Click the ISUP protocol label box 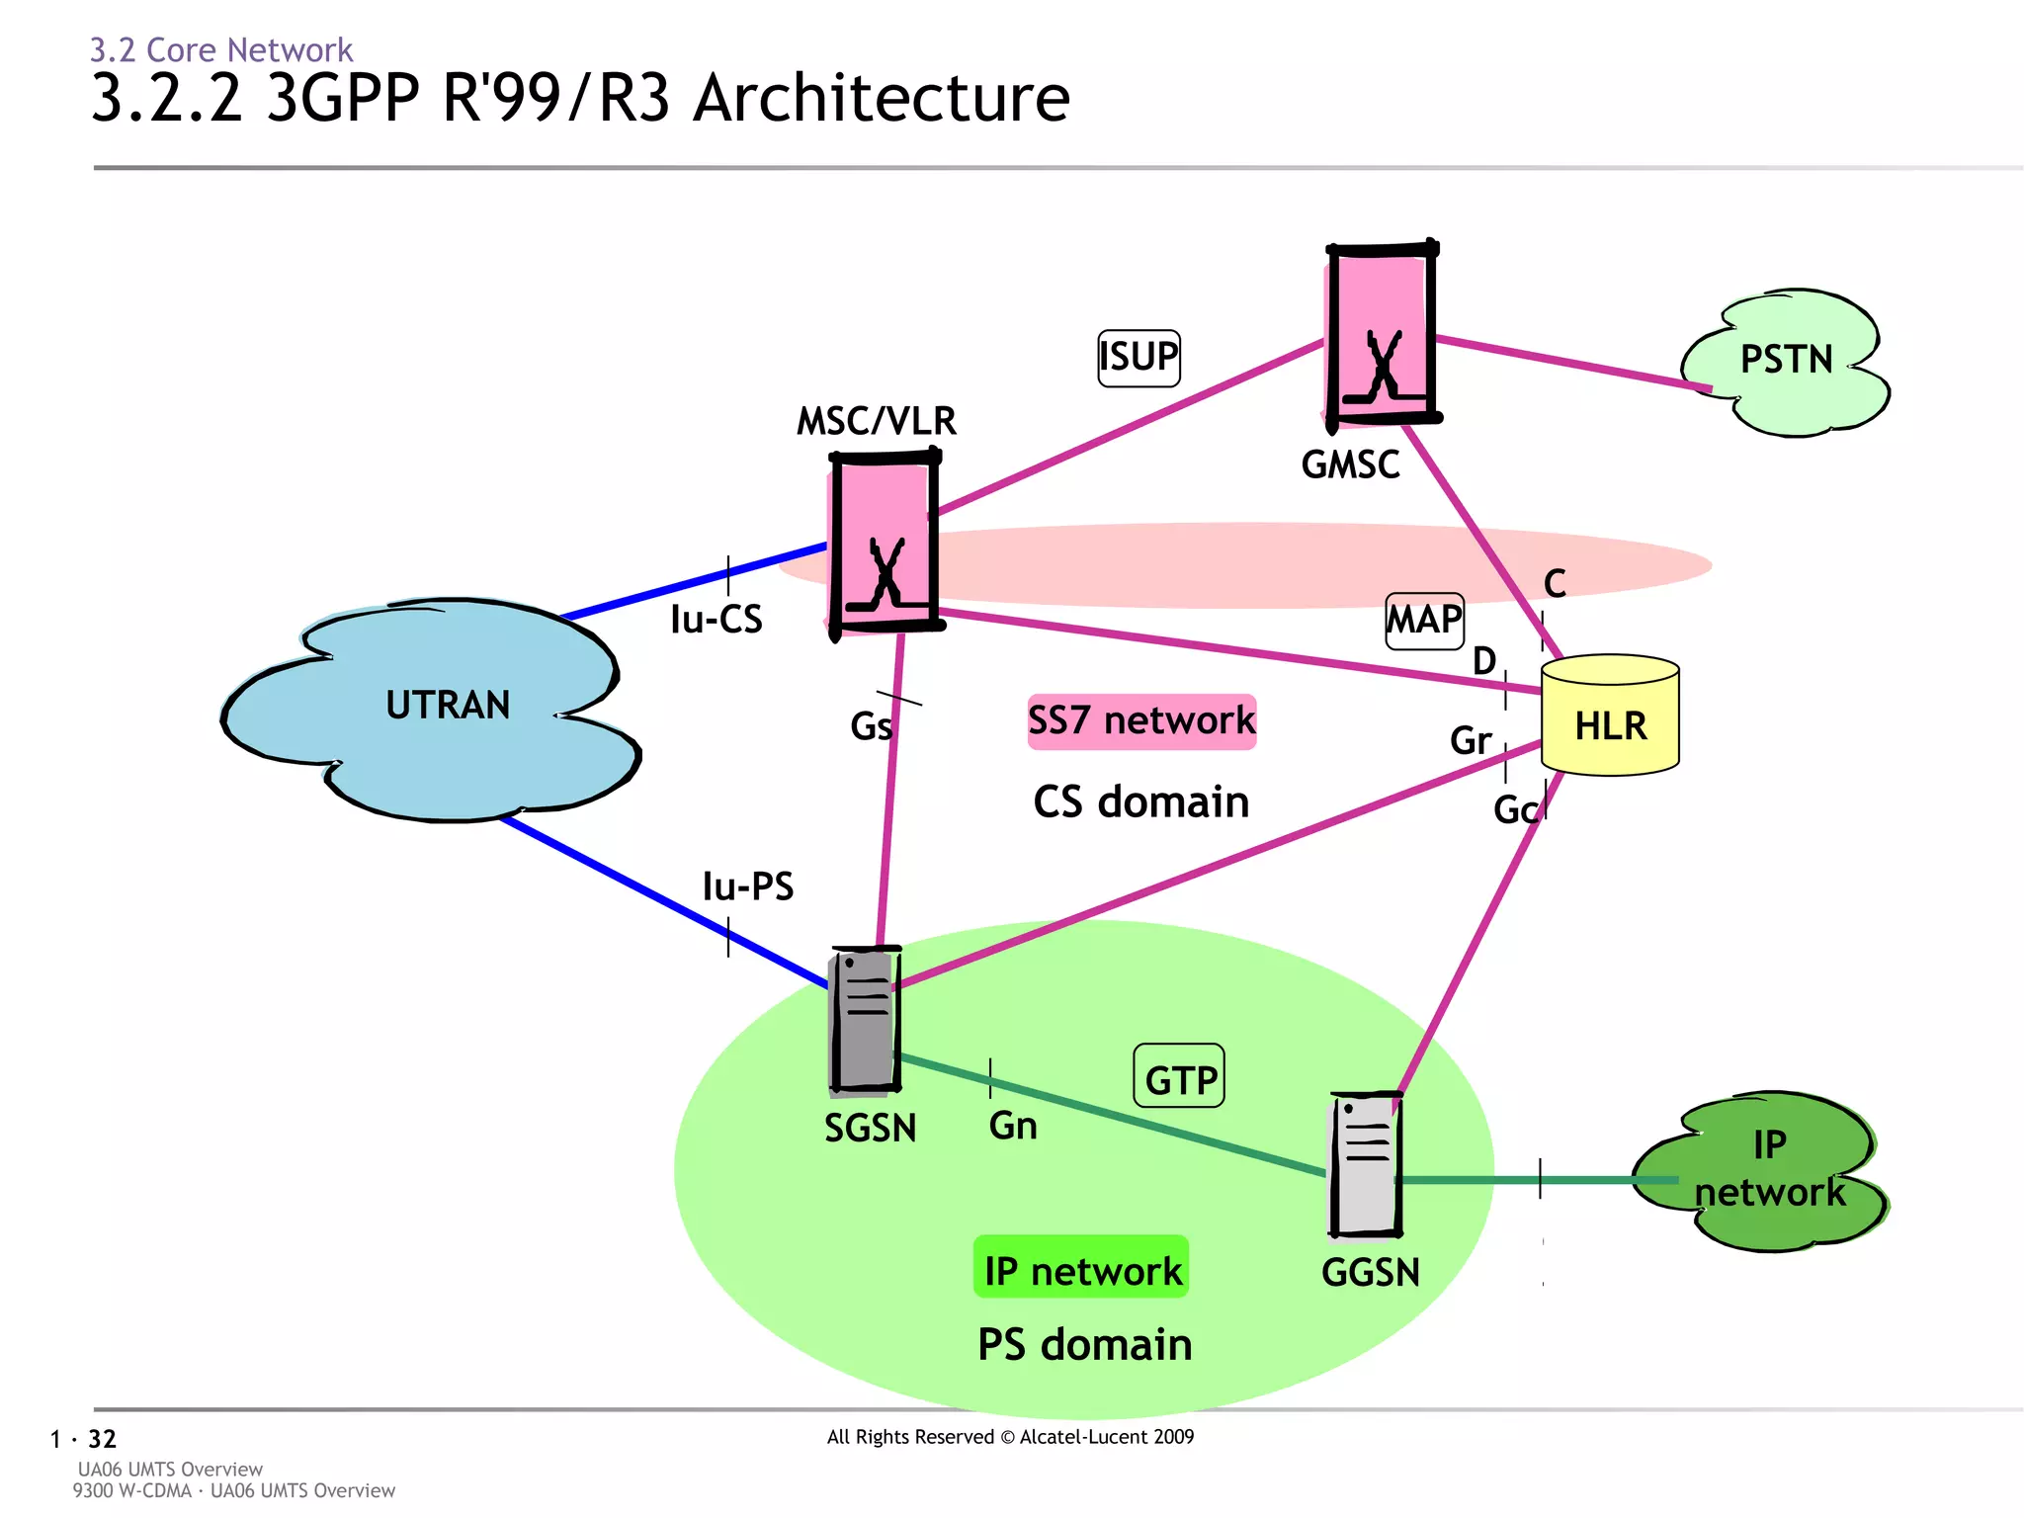1138,358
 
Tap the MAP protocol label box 1424,621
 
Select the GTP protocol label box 1178,1076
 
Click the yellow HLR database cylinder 1610,717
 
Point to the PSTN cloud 1785,362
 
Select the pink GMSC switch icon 1381,334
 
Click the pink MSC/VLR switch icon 884,544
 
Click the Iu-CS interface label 716,620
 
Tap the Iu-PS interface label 747,886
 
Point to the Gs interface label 871,726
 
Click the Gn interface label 1013,1126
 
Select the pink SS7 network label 1141,720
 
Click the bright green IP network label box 1082,1269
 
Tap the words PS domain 1084,1345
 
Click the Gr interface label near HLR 1470,740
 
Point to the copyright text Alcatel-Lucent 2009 1010,1437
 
